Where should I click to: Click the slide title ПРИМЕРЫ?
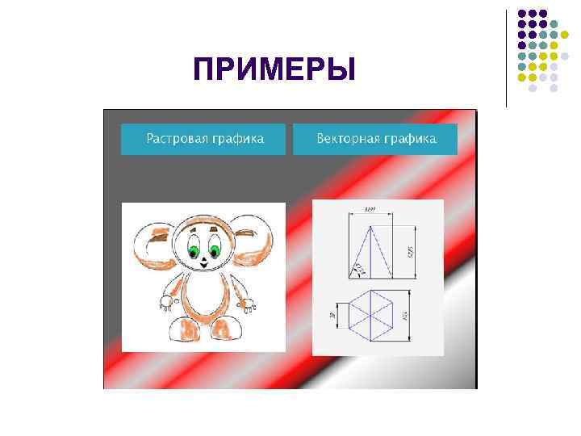(x=274, y=69)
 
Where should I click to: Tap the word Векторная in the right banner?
(x=347, y=139)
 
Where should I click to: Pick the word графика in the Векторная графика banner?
(x=408, y=139)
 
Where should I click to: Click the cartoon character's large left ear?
(x=152, y=246)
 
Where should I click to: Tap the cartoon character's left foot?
(x=185, y=329)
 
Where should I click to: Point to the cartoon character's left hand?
(x=166, y=304)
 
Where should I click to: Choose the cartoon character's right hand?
(x=249, y=304)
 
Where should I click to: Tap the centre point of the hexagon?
(x=370, y=313)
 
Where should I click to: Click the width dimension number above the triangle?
(x=370, y=210)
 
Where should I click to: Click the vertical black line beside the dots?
(x=506, y=57)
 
